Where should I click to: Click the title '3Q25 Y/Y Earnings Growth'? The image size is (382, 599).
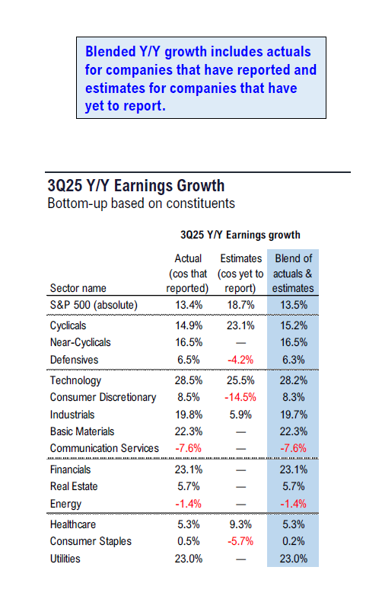coord(135,186)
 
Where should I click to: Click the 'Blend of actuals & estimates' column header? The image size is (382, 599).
coord(293,274)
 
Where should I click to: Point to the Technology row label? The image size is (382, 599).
coord(75,380)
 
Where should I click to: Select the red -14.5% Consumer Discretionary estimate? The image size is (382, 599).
coord(240,397)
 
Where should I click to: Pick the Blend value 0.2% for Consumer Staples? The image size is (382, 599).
coord(293,542)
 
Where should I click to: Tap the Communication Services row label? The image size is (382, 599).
coord(103,449)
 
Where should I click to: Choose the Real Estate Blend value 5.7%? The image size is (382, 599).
coord(293,486)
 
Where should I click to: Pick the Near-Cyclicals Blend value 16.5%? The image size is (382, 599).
coord(293,343)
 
